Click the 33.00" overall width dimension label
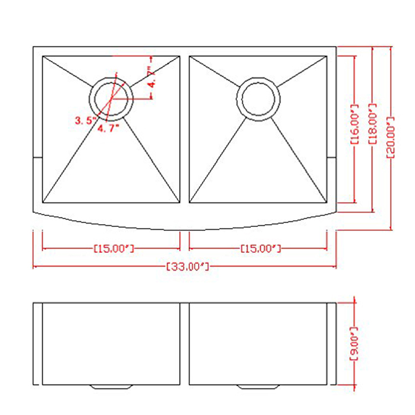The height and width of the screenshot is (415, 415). pos(188,266)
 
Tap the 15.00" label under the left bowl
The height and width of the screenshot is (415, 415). pos(114,248)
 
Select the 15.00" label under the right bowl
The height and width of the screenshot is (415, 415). pos(261,248)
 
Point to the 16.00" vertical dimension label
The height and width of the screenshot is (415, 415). pos(355,124)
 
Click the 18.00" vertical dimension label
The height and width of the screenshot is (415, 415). pos(372,124)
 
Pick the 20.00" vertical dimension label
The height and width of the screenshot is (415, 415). pos(391,138)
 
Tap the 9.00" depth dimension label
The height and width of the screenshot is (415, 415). pos(354,344)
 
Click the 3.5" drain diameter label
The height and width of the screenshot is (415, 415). pos(85,121)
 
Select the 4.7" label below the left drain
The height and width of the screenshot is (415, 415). pos(108,128)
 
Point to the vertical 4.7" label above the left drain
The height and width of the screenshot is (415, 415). pos(152,77)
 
